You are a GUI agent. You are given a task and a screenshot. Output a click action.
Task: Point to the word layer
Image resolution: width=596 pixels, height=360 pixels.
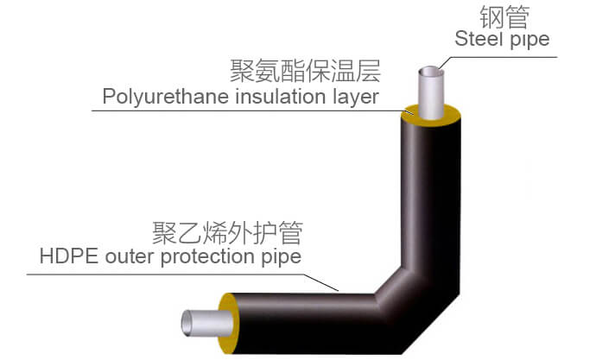pyautogui.click(x=352, y=97)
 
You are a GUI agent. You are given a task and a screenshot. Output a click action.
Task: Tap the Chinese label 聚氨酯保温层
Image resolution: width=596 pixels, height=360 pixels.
pyautogui.click(x=305, y=70)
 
